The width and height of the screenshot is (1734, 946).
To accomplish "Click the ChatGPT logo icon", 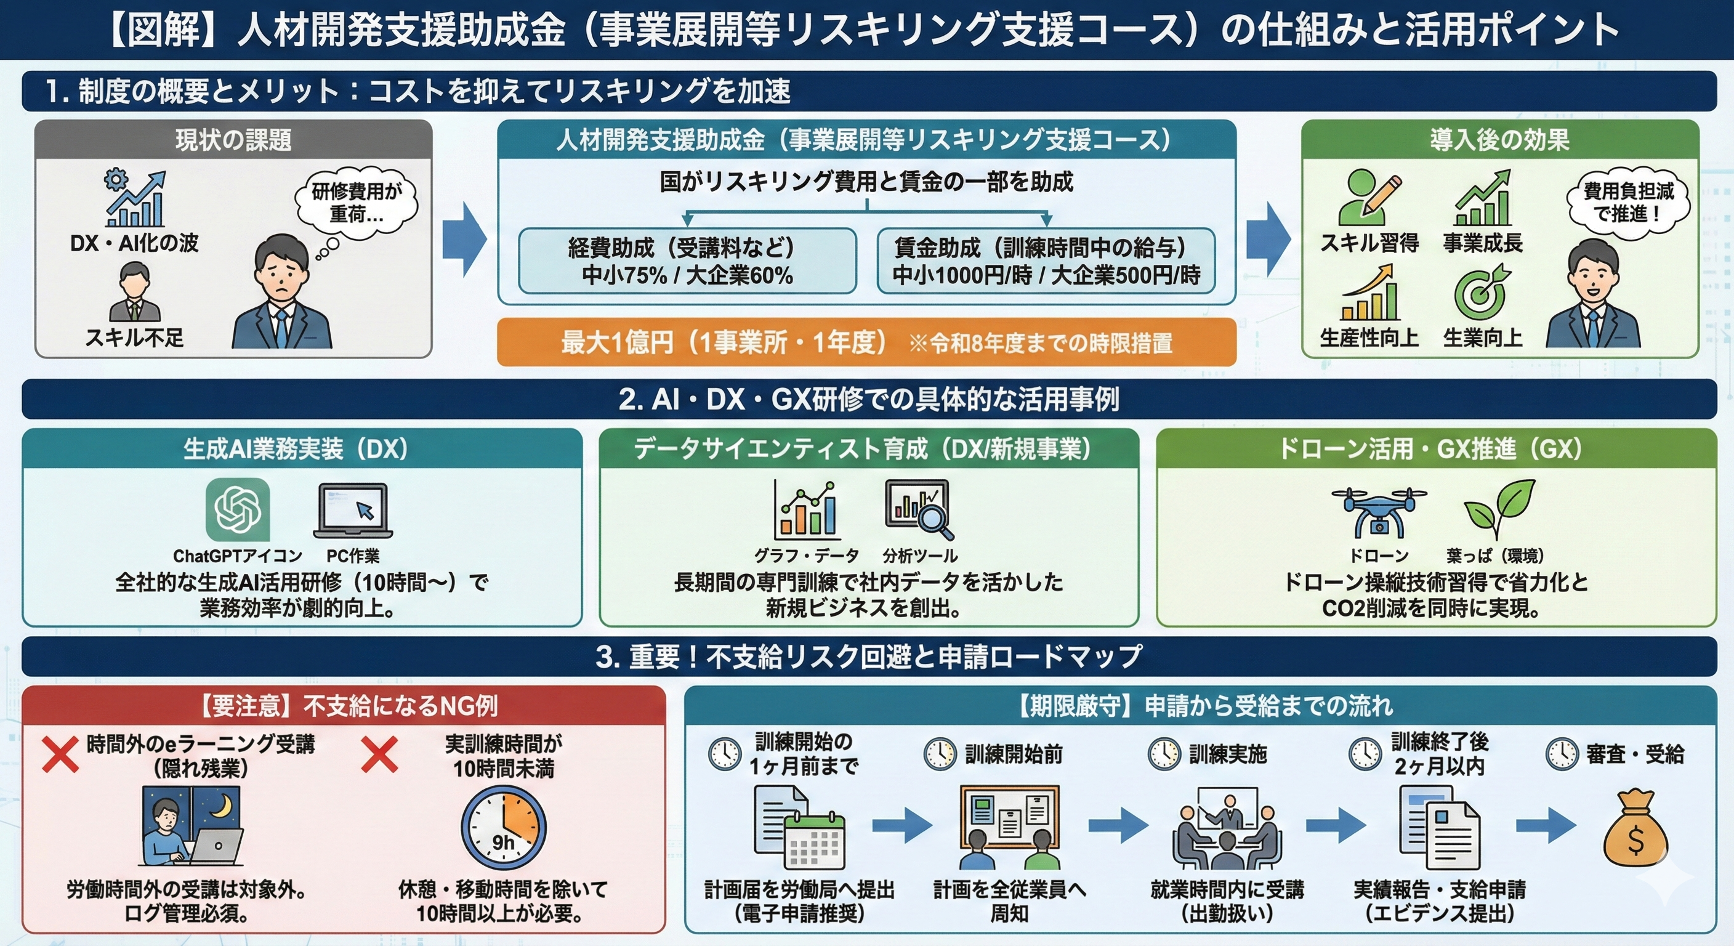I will (237, 510).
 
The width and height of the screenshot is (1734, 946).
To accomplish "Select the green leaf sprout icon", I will (1500, 510).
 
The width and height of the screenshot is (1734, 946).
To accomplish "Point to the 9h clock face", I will (504, 828).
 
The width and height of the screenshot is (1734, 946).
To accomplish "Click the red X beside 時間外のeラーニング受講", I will (60, 754).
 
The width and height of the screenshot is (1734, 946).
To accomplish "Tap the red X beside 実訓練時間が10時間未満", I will (379, 754).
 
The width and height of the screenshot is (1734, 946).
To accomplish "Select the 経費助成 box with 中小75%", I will (687, 261).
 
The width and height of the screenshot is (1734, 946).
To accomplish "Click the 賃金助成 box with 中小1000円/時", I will (1046, 261).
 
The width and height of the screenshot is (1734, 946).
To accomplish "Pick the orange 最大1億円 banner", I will (866, 342).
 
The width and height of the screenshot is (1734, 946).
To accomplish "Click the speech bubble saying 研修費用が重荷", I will (356, 203).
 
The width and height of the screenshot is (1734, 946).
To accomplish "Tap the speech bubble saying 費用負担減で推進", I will (1627, 202).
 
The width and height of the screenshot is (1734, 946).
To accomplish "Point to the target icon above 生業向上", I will (1480, 293).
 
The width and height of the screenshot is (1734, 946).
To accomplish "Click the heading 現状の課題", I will (233, 140).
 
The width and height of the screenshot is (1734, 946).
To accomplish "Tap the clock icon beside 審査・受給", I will (1562, 754).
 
